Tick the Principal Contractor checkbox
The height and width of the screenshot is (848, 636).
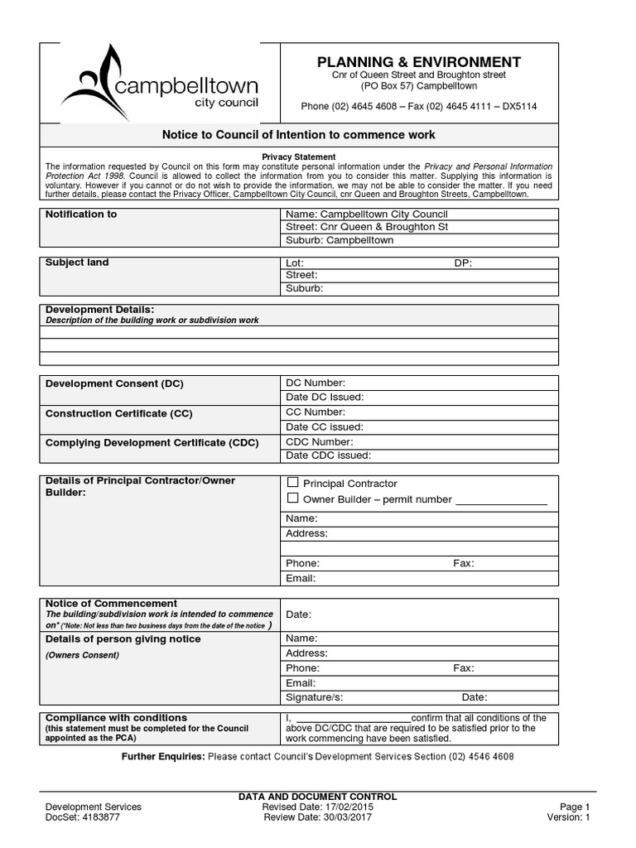[x=292, y=483]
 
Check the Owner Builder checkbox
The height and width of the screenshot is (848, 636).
[x=292, y=499]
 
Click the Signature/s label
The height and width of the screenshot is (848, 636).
[x=314, y=697]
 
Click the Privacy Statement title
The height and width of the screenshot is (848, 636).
[x=299, y=157]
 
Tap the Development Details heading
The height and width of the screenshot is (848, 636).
[x=99, y=309]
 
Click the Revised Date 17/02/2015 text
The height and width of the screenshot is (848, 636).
[x=316, y=807]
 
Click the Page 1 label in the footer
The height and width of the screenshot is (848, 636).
[x=575, y=807]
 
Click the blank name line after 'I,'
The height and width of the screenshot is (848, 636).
[x=353, y=718]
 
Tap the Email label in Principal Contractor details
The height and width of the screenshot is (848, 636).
[x=301, y=578]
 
